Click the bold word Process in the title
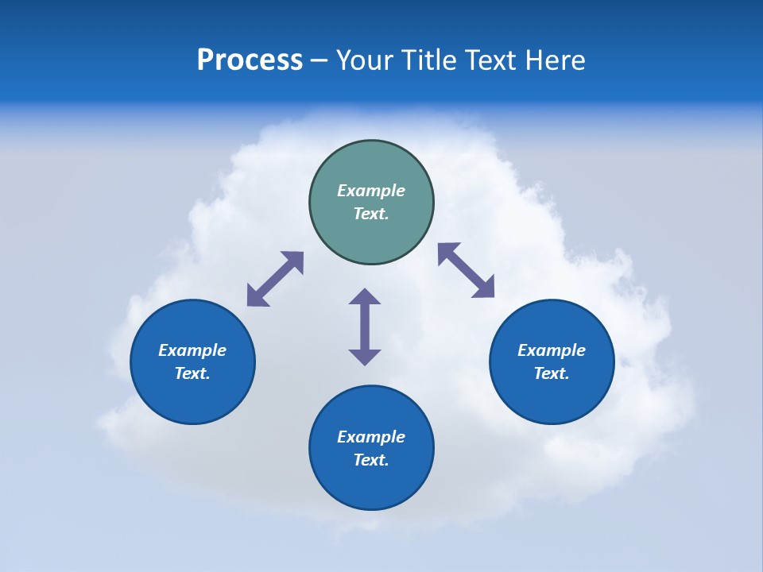pos(250,60)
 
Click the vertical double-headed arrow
pos(365,327)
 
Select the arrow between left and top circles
pos(275,279)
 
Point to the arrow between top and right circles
pos(467,270)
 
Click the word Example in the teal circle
pos(371,191)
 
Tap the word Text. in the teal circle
pos(371,214)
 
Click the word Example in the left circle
pos(192,350)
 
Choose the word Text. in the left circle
pos(192,373)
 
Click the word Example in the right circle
pos(552,350)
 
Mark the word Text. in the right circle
pos(552,373)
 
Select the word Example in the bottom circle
pos(371,437)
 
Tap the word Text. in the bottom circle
pos(371,460)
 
